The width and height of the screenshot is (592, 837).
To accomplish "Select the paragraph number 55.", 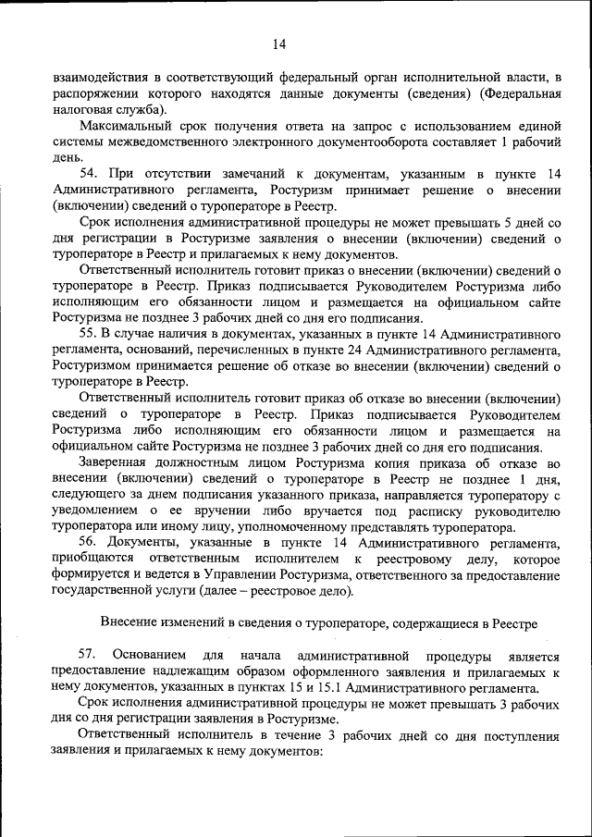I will pyautogui.click(x=91, y=332).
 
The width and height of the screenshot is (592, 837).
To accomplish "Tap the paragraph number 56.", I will pyautogui.click(x=91, y=541).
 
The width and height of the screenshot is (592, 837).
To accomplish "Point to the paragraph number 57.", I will pyautogui.click(x=91, y=655).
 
